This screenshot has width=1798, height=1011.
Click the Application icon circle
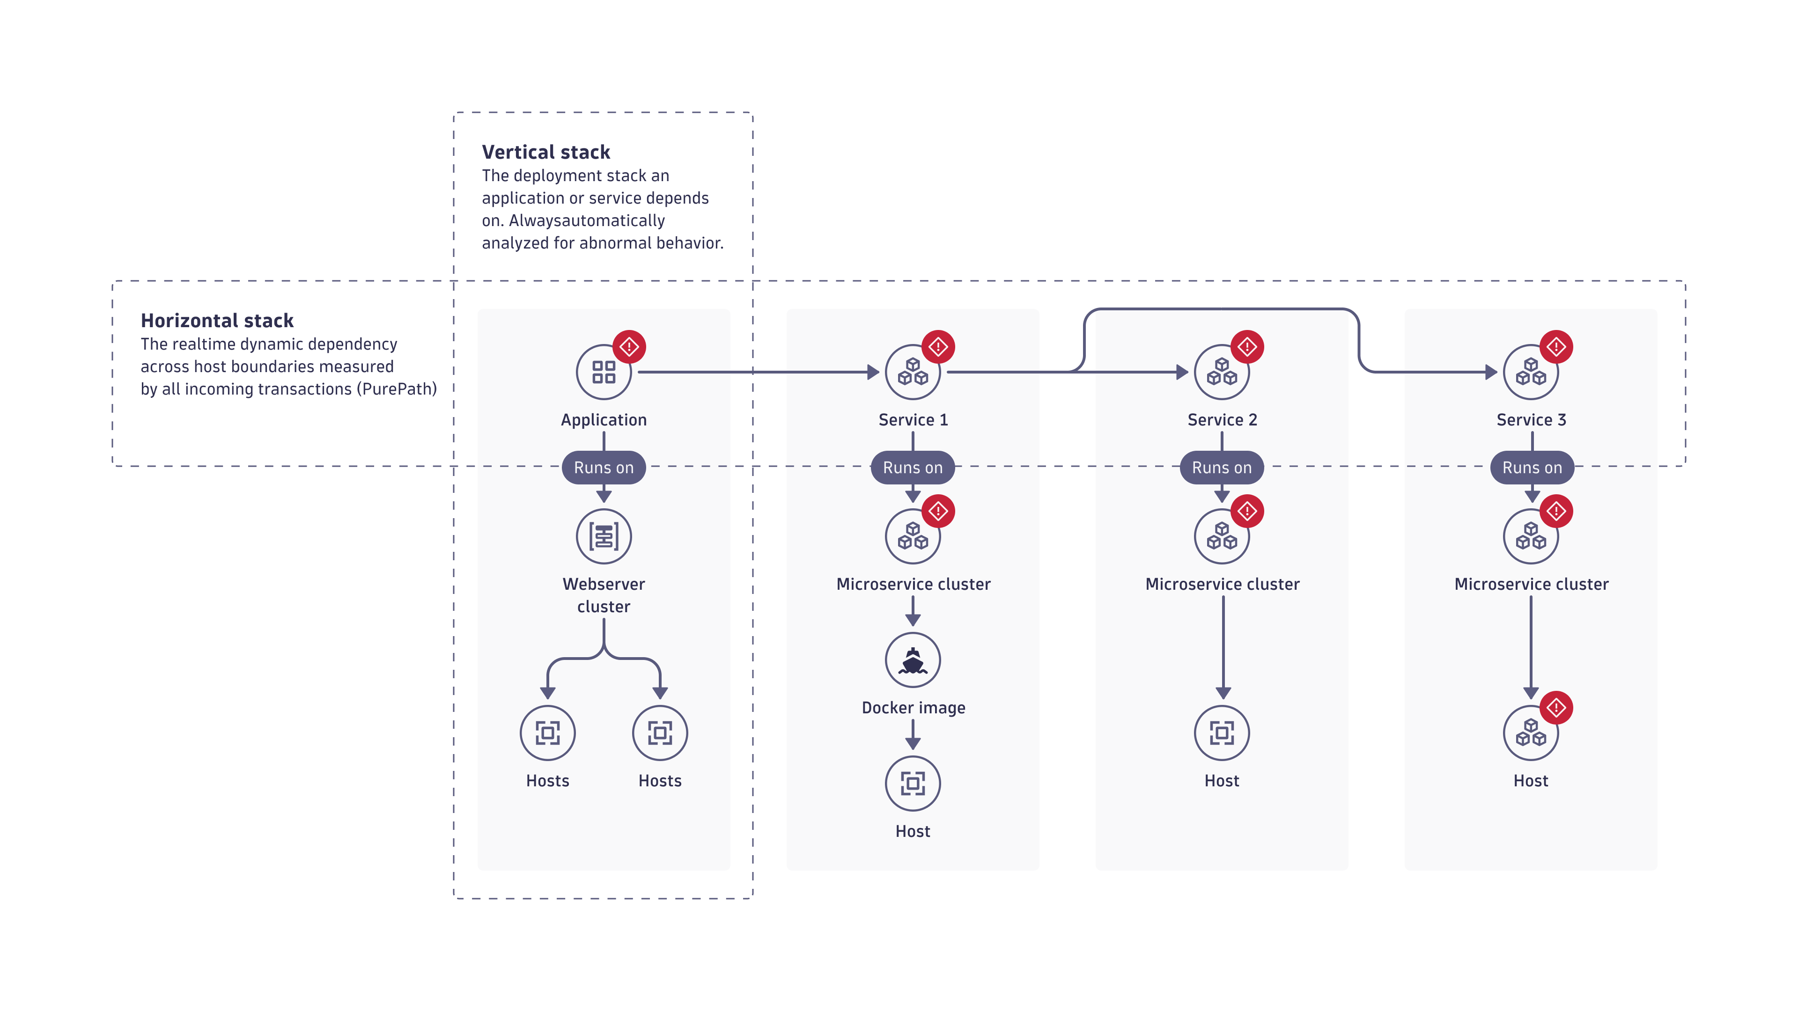[604, 372]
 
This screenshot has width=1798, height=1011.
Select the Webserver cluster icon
[604, 536]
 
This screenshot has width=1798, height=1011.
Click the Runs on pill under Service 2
[1222, 468]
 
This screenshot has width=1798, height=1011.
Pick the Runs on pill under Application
[604, 468]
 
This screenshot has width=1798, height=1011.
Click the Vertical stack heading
[546, 152]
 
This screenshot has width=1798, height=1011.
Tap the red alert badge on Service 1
[938, 347]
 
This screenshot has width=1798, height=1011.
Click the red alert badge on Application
[629, 347]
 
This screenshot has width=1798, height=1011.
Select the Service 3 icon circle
[1531, 372]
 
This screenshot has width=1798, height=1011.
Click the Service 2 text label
[1222, 420]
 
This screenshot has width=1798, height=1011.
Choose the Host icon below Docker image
[913, 784]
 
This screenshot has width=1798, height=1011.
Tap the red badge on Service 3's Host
[1556, 708]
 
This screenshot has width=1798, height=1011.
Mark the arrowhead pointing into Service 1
[873, 372]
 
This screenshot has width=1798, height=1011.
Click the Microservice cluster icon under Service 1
[913, 536]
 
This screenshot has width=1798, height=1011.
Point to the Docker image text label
[914, 708]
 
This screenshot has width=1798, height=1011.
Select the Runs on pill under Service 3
[1532, 468]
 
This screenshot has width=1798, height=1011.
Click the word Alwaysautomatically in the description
[587, 220]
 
